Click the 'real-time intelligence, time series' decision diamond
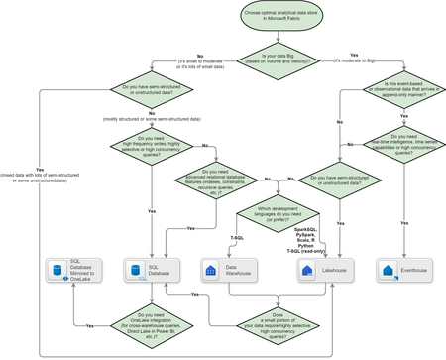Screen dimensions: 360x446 click(x=403, y=148)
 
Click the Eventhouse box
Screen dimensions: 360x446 click(x=403, y=270)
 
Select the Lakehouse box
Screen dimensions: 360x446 click(x=327, y=270)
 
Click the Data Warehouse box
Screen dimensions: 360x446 click(x=227, y=270)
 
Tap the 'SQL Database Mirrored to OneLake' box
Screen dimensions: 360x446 click(x=75, y=270)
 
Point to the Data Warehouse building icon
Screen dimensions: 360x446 click(x=209, y=270)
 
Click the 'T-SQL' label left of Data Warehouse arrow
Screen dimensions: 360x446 click(x=236, y=238)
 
